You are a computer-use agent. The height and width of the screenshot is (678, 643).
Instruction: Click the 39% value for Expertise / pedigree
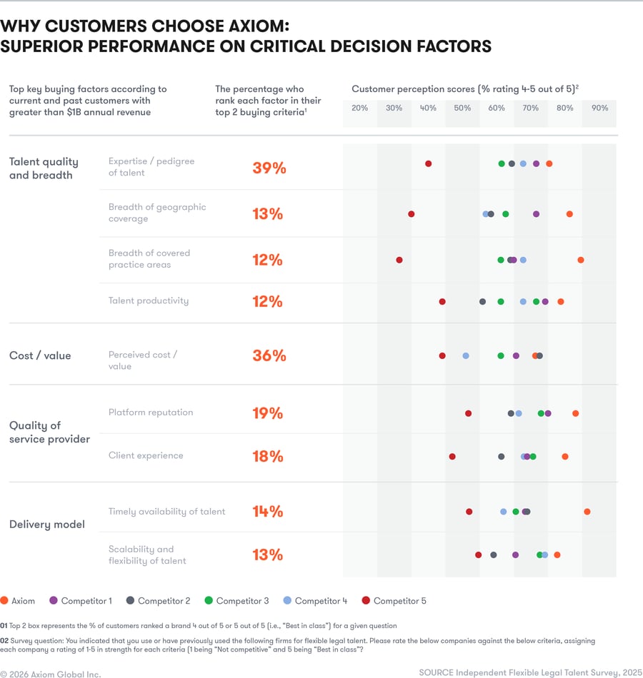click(269, 168)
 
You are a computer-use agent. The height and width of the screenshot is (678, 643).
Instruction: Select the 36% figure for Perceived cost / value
click(269, 355)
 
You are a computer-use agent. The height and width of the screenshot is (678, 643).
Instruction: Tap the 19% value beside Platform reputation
click(267, 413)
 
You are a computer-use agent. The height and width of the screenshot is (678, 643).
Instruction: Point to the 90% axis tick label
click(599, 108)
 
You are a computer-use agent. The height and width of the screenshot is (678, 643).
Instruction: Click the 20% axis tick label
click(360, 108)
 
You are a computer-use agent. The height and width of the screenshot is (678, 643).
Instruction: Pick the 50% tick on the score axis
click(462, 108)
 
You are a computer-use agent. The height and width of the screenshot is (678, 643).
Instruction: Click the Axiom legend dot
click(4, 601)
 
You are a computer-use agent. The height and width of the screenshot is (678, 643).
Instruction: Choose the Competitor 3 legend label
click(243, 601)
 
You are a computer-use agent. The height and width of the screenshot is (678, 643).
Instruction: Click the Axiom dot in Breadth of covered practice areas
click(581, 260)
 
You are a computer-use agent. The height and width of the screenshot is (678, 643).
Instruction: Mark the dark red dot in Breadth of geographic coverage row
click(411, 214)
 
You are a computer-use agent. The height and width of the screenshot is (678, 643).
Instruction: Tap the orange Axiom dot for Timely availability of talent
click(587, 512)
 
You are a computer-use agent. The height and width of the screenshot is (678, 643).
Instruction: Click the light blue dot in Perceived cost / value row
click(466, 355)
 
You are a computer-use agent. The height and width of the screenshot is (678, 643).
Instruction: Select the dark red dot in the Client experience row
click(452, 457)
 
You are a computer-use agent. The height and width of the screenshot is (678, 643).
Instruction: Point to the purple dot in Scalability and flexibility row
click(515, 555)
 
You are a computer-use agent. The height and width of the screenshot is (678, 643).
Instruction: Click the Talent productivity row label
click(149, 300)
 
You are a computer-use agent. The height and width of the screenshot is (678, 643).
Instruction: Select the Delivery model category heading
click(47, 525)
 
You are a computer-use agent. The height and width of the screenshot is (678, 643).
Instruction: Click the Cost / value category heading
click(40, 355)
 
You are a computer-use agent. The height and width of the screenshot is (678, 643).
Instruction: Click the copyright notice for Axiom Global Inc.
click(51, 674)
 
